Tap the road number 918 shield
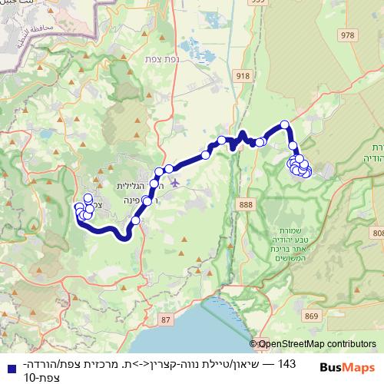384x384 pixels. coord(244,75)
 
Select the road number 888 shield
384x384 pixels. coord(246,204)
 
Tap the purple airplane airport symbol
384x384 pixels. coord(177,182)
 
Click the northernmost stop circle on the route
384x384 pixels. coord(284,124)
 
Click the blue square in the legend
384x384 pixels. coord(6,364)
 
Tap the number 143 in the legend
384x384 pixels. coord(286,363)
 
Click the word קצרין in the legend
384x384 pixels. coord(170,363)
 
